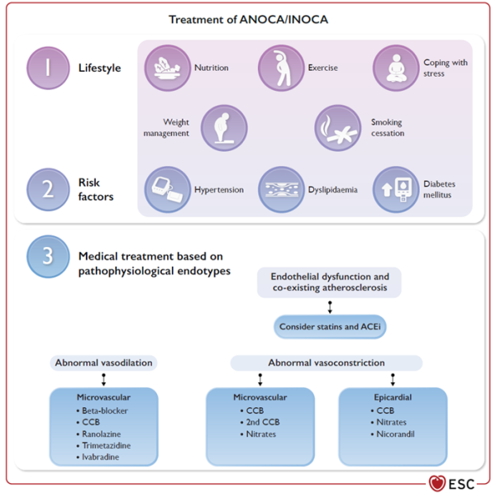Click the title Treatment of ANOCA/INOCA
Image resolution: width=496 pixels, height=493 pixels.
coord(247,19)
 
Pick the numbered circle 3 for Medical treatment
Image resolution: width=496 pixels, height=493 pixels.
coord(49,257)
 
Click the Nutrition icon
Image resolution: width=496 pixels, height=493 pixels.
coord(168,68)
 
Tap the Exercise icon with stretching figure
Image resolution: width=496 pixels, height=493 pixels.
coord(281,68)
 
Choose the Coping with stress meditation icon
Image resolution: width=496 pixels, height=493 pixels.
coord(396,68)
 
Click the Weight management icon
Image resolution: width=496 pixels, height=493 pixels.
coord(224,127)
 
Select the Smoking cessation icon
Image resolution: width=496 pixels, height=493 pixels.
coord(338,127)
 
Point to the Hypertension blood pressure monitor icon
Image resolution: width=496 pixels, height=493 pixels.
coord(168,189)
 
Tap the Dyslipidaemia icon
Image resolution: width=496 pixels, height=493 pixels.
coord(282,189)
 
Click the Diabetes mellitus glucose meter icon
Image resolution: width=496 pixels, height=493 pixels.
coord(396,189)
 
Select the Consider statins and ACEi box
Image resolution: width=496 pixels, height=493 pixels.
coord(331,327)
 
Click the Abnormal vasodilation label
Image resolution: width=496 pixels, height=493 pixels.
coord(104,363)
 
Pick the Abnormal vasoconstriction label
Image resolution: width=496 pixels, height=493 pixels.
coord(326,363)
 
